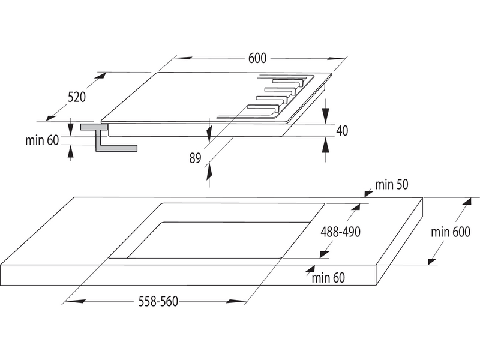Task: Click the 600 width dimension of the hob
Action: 257,58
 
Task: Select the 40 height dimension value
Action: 342,130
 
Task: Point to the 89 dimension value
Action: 195,158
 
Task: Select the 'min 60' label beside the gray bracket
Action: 42,140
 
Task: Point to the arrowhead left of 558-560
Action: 68,301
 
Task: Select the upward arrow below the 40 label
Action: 326,145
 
